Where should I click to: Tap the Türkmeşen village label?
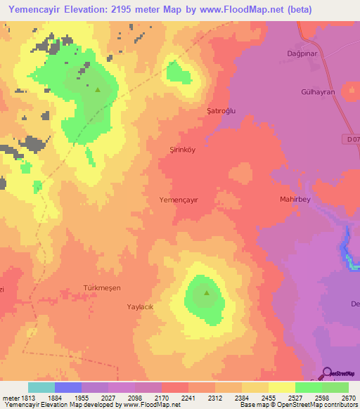(102, 289)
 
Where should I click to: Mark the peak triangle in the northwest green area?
(98, 89)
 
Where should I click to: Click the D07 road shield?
(353, 140)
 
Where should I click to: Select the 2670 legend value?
(349, 398)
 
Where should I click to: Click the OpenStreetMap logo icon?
(327, 372)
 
